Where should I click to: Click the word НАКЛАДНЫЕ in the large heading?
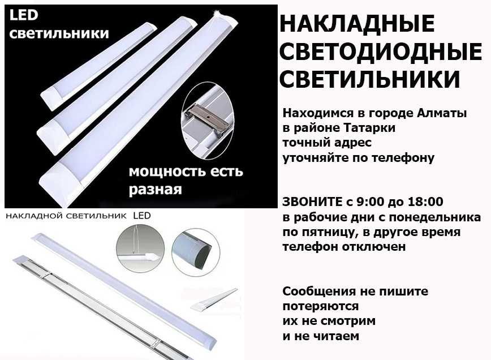coord(357,24)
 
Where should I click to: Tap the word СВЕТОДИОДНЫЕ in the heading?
coord(381,52)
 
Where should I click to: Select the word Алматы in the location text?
coord(442,113)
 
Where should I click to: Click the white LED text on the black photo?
coord(24,15)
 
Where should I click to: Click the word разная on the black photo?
coord(156,190)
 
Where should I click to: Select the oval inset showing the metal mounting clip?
coord(207,119)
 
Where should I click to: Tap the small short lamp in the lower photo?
coord(214,300)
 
